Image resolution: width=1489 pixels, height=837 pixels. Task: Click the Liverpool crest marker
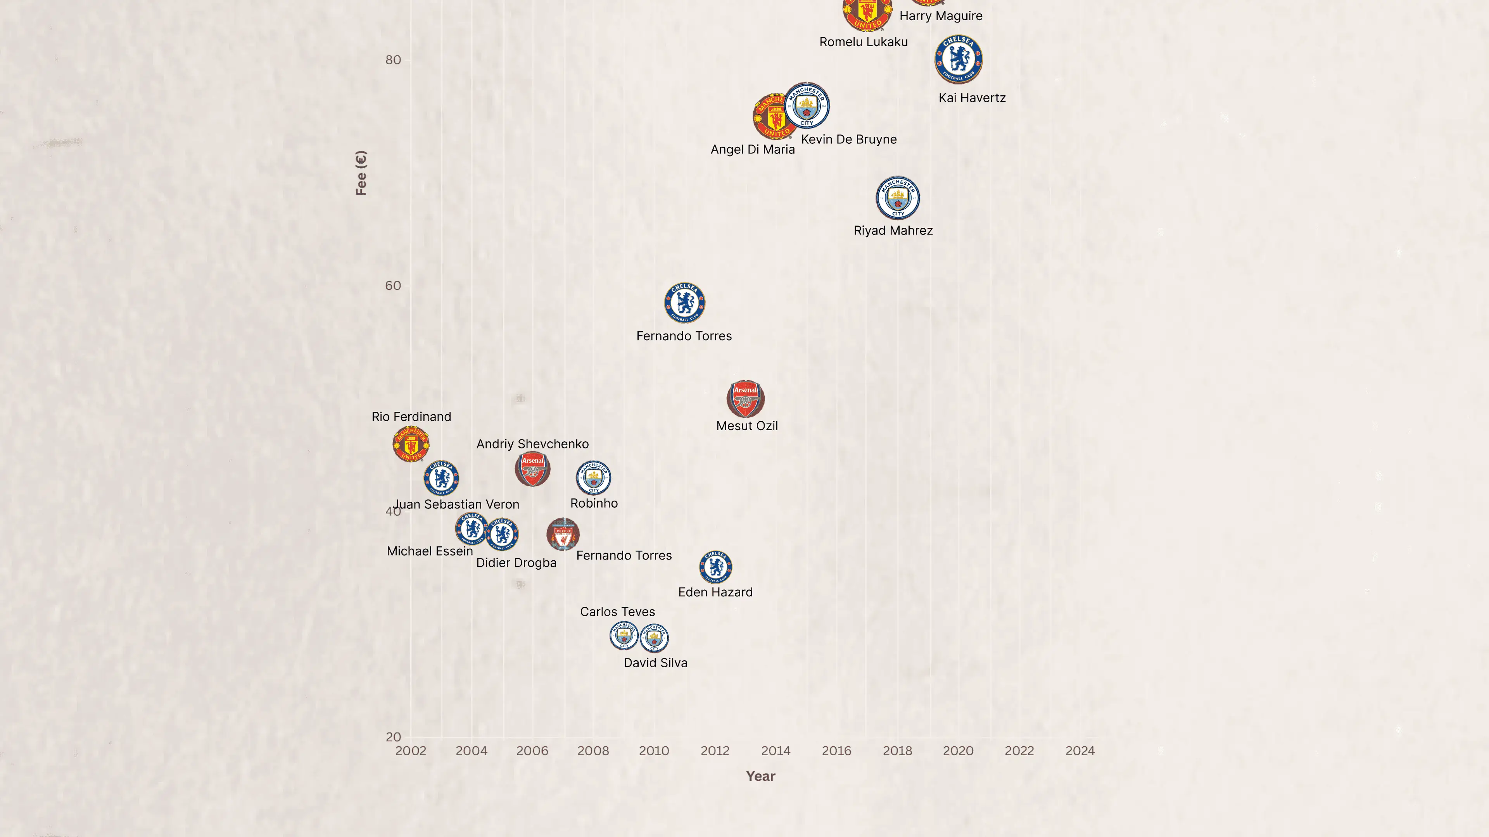(563, 534)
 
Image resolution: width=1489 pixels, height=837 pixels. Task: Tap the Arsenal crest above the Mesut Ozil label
(746, 399)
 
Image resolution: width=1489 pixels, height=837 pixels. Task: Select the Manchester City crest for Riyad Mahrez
(898, 198)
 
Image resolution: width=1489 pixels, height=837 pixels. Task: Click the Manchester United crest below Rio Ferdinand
(411, 444)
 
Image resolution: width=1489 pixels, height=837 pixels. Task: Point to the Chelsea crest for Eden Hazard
(715, 567)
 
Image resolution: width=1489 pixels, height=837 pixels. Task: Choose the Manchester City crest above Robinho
(594, 478)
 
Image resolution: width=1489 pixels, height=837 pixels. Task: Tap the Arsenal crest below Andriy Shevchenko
(532, 468)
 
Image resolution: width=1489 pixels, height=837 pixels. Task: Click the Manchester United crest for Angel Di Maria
(775, 117)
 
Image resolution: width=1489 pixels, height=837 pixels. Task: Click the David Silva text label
(655, 663)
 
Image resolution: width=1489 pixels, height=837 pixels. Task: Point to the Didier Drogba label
(516, 563)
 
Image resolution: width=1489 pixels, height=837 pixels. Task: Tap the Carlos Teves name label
(617, 612)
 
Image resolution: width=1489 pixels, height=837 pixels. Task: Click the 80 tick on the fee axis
(393, 60)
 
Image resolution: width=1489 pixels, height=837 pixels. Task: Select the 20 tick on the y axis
(393, 737)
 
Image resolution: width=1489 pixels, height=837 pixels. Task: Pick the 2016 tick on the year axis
(836, 751)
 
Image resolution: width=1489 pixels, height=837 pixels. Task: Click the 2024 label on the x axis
(1080, 751)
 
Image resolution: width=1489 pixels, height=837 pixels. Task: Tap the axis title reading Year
(761, 776)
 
